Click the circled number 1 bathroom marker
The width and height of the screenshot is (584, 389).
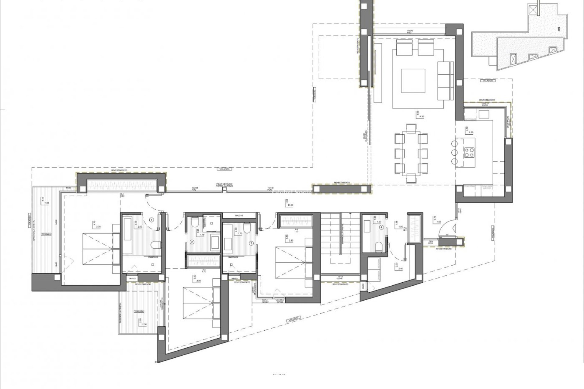point(152,219)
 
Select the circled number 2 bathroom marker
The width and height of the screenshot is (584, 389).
point(192,242)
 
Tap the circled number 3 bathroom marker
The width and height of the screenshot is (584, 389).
point(251,243)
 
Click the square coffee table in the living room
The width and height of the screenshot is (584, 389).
point(413,81)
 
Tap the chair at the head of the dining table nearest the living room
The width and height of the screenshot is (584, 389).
point(411,128)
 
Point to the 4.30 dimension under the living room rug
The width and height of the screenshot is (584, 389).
point(421,116)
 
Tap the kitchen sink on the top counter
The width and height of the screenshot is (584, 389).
point(484,114)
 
